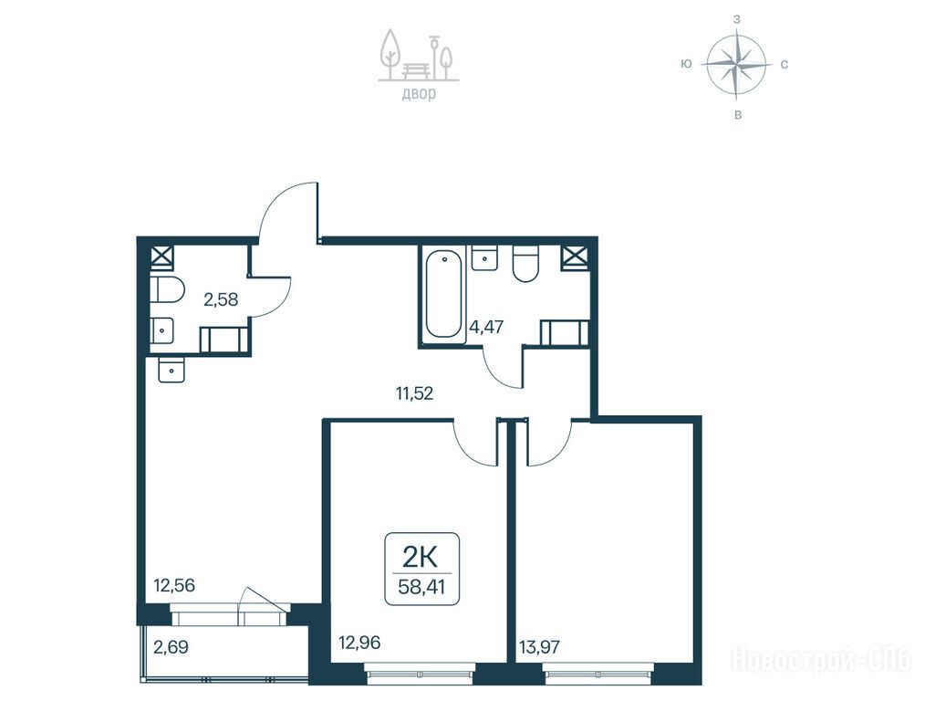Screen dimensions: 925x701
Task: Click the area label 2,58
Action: [x=221, y=299]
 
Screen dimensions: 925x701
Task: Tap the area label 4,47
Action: [x=487, y=326]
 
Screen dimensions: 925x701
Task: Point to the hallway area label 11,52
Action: [x=415, y=393]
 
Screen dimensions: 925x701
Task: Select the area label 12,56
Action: [x=174, y=585]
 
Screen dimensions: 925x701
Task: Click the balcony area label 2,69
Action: [x=171, y=647]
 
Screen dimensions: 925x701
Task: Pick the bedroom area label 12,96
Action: [x=359, y=642]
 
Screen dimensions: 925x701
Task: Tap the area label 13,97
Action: [x=539, y=647]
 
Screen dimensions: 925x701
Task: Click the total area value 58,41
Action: [x=421, y=588]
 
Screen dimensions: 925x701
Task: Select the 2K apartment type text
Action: [x=421, y=556]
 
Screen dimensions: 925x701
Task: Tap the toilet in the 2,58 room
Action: [x=167, y=289]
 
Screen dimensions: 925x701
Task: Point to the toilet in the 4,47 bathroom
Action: [x=525, y=264]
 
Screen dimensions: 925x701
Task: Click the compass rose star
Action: [x=737, y=64]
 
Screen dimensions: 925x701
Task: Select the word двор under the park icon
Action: [x=419, y=94]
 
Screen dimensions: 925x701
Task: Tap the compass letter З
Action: [x=737, y=19]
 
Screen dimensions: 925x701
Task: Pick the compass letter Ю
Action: [x=686, y=64]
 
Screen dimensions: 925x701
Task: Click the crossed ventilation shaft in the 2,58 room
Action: [x=162, y=257]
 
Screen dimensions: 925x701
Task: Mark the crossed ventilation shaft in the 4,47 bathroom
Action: [x=576, y=257]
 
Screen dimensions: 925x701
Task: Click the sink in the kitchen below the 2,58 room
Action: [x=171, y=370]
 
